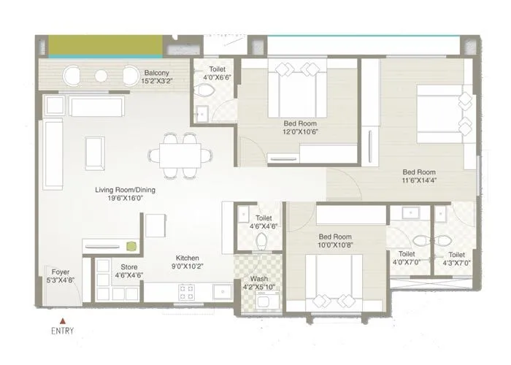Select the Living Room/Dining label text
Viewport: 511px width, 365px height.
pos(124,191)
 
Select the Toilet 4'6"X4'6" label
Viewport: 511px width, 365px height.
pos(264,223)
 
